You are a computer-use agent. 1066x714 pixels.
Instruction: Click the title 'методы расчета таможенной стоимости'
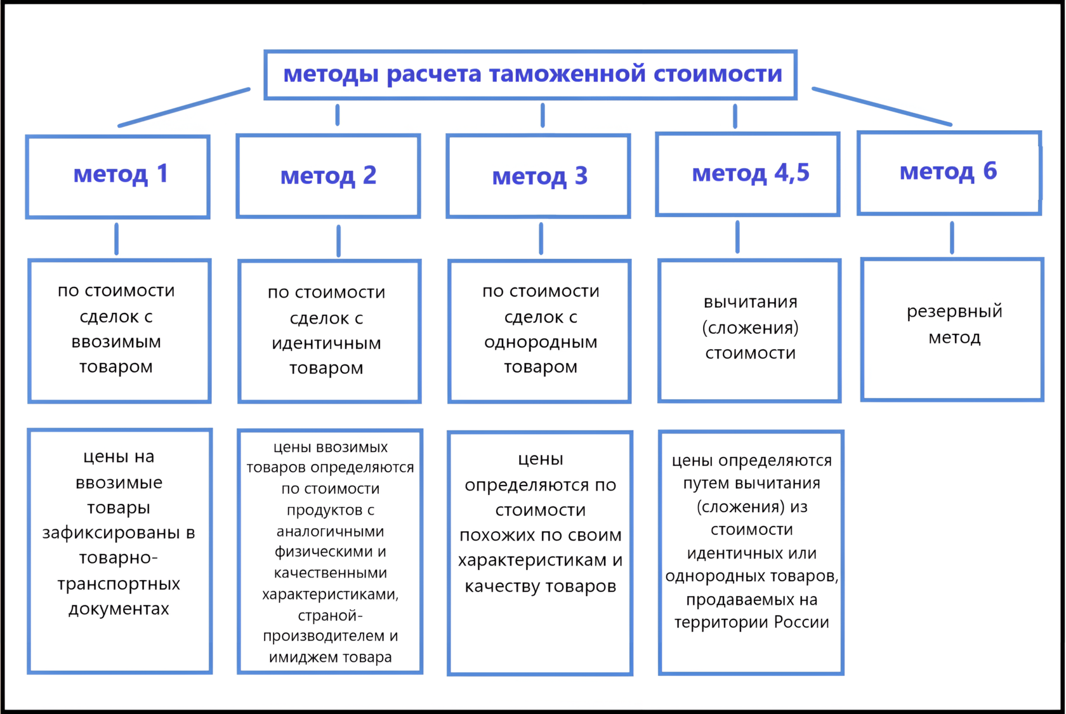(x=532, y=74)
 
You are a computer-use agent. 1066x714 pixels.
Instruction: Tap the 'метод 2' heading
(x=328, y=176)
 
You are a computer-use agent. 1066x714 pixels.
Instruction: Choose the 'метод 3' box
(x=539, y=176)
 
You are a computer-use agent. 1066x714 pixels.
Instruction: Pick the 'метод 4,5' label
(x=750, y=173)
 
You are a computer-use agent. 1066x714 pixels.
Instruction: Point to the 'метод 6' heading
(x=948, y=171)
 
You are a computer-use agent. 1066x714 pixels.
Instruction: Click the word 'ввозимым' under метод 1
(x=116, y=342)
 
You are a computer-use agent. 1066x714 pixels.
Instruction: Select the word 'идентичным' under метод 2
(x=326, y=344)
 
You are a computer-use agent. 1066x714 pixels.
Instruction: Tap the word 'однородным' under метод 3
(x=541, y=343)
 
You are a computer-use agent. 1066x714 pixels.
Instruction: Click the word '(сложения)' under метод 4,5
(x=750, y=328)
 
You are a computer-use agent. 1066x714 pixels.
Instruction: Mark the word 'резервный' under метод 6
(x=954, y=312)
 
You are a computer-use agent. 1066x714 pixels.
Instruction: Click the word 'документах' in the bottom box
(x=119, y=609)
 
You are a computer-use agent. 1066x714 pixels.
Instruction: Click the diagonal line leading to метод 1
(x=184, y=107)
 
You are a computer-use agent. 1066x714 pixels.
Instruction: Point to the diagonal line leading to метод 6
(x=882, y=107)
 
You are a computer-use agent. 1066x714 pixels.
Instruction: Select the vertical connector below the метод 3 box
(x=541, y=239)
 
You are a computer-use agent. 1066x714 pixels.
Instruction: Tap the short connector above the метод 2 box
(x=338, y=115)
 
